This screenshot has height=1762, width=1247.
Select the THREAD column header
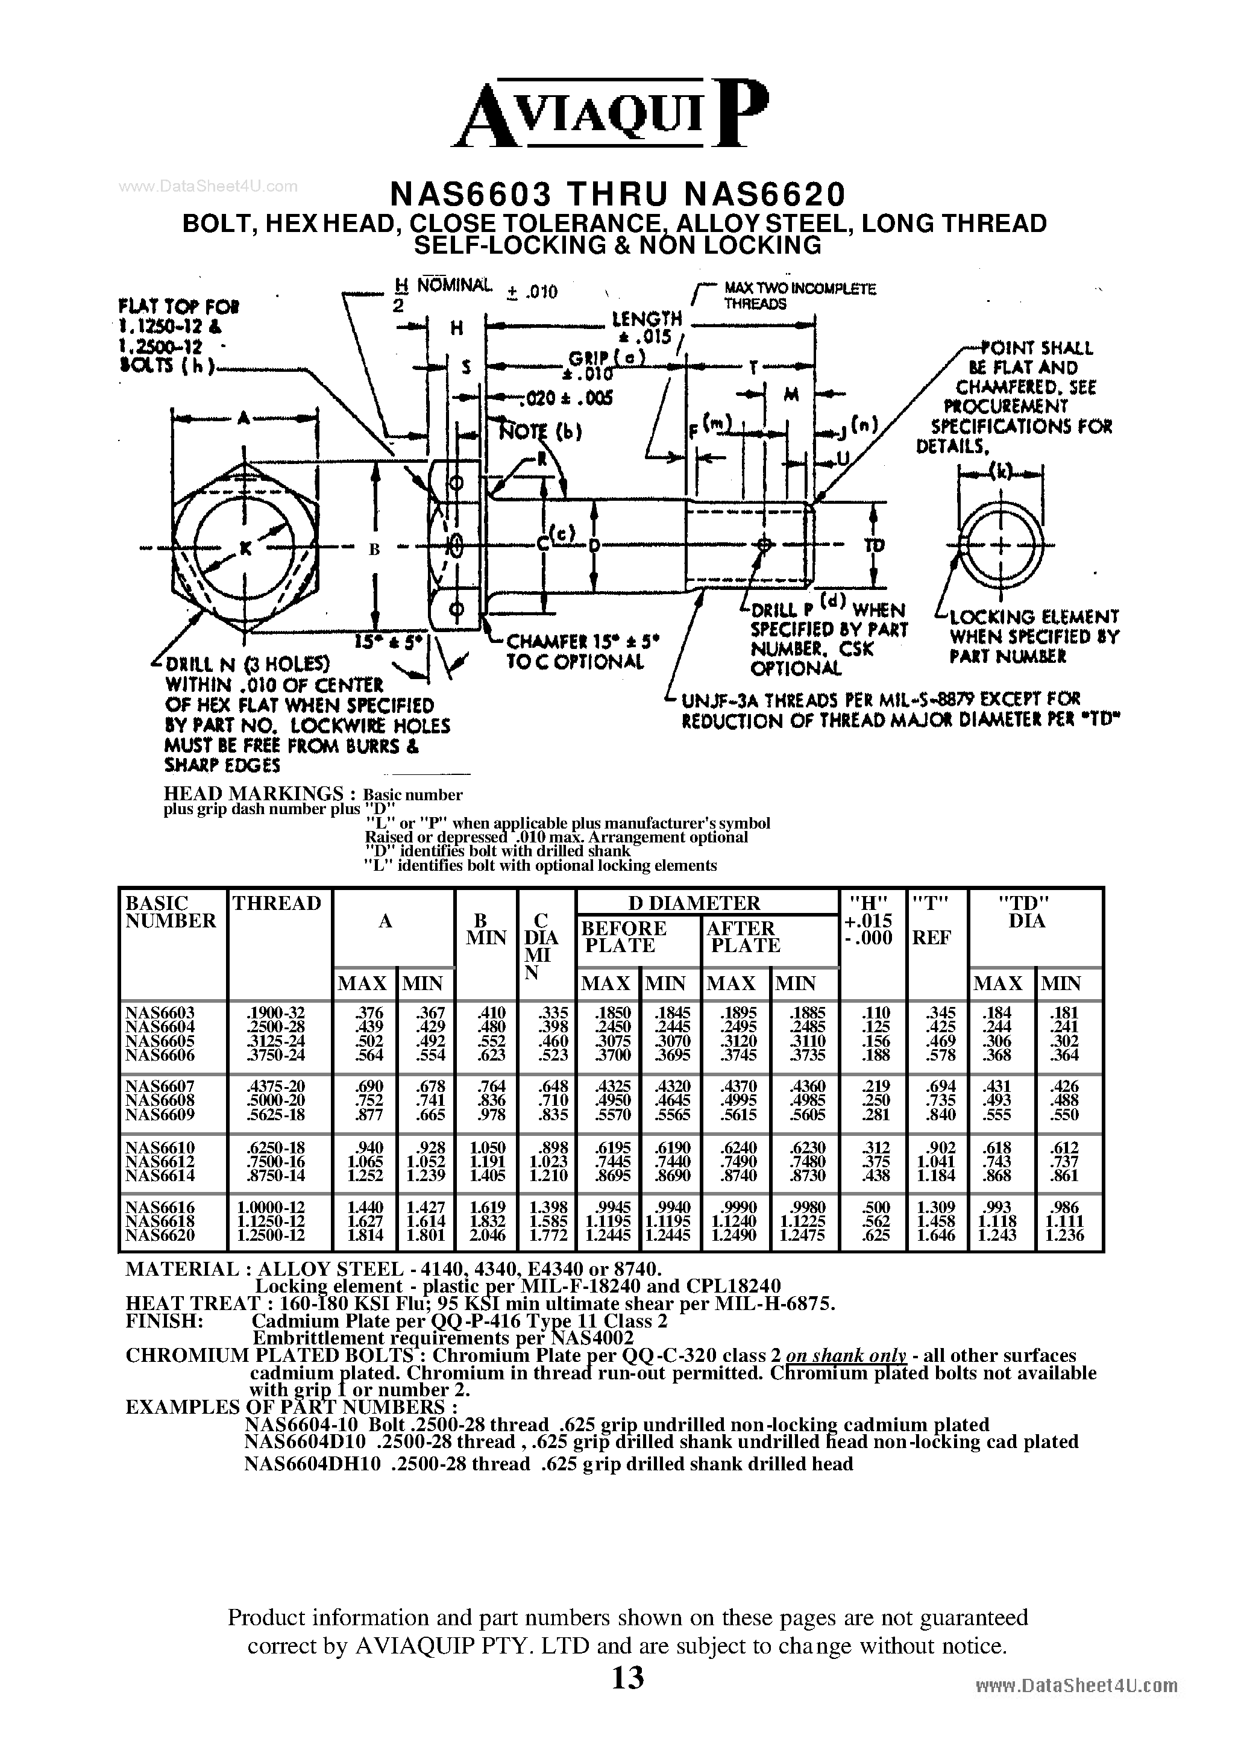[x=277, y=904]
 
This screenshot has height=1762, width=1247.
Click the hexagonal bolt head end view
[x=245, y=547]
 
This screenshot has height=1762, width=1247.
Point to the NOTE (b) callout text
[x=541, y=431]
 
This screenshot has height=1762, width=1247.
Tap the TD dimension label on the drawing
[x=874, y=544]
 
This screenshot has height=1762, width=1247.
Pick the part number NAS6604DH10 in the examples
[x=312, y=1464]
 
